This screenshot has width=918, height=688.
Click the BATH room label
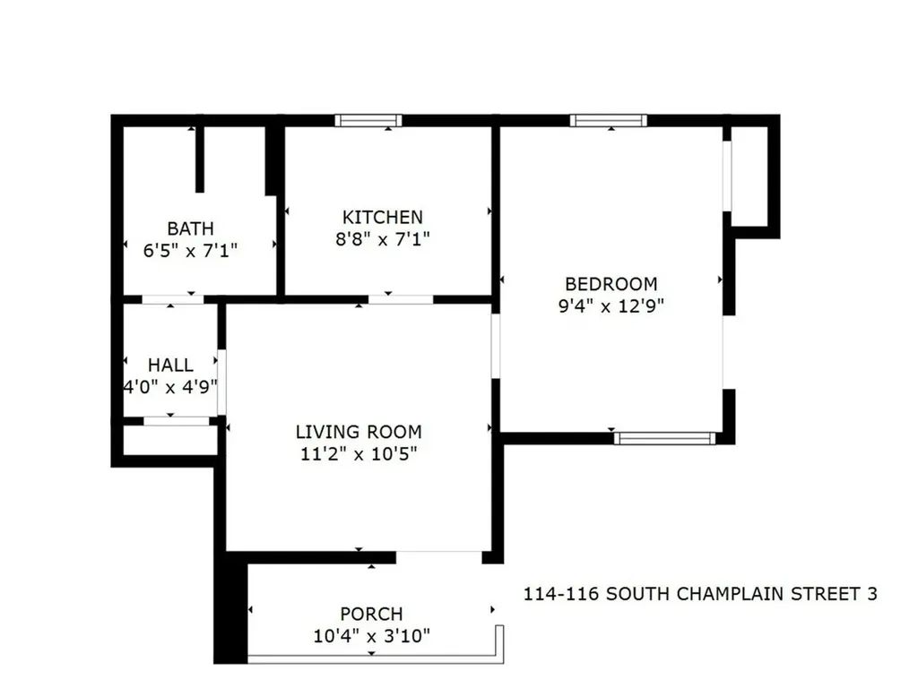[x=190, y=229]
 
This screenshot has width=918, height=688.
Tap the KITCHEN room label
[x=383, y=218]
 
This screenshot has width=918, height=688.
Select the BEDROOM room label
[x=611, y=284]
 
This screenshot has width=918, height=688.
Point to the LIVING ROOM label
[x=359, y=432]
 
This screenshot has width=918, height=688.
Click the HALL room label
[x=170, y=365]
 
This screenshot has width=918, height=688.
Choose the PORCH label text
[x=371, y=615]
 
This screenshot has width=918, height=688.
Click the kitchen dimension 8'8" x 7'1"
[x=383, y=239]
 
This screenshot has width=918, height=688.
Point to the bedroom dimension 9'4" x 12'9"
[x=611, y=305]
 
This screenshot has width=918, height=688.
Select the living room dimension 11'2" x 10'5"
[x=359, y=453]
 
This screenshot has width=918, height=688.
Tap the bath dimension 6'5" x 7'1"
[x=190, y=250]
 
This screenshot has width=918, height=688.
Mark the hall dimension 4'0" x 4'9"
[x=170, y=387]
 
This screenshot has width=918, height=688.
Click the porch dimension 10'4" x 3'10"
[x=371, y=636]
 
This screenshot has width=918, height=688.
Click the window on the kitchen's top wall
[x=368, y=120]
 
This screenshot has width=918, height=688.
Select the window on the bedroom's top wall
[x=609, y=120]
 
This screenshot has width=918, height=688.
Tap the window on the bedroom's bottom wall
[x=665, y=438]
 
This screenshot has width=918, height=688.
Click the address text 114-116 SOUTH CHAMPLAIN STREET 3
[x=700, y=594]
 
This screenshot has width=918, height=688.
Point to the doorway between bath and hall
[x=173, y=299]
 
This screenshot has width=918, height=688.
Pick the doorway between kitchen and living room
[x=401, y=299]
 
